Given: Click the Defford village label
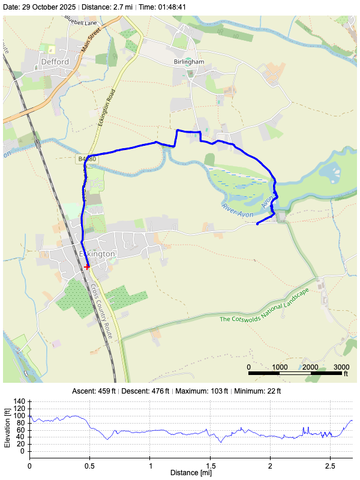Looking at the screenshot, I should (55, 62).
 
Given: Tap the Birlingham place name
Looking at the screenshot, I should (189, 62).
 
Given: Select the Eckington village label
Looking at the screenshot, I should (97, 254).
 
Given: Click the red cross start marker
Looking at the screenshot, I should (87, 266).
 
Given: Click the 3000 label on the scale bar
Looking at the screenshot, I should (341, 367).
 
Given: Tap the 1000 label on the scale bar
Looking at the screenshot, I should (280, 367).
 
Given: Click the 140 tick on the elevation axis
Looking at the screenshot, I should (19, 401).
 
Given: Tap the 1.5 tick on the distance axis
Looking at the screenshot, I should (210, 465).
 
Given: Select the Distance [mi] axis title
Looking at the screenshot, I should (191, 473).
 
